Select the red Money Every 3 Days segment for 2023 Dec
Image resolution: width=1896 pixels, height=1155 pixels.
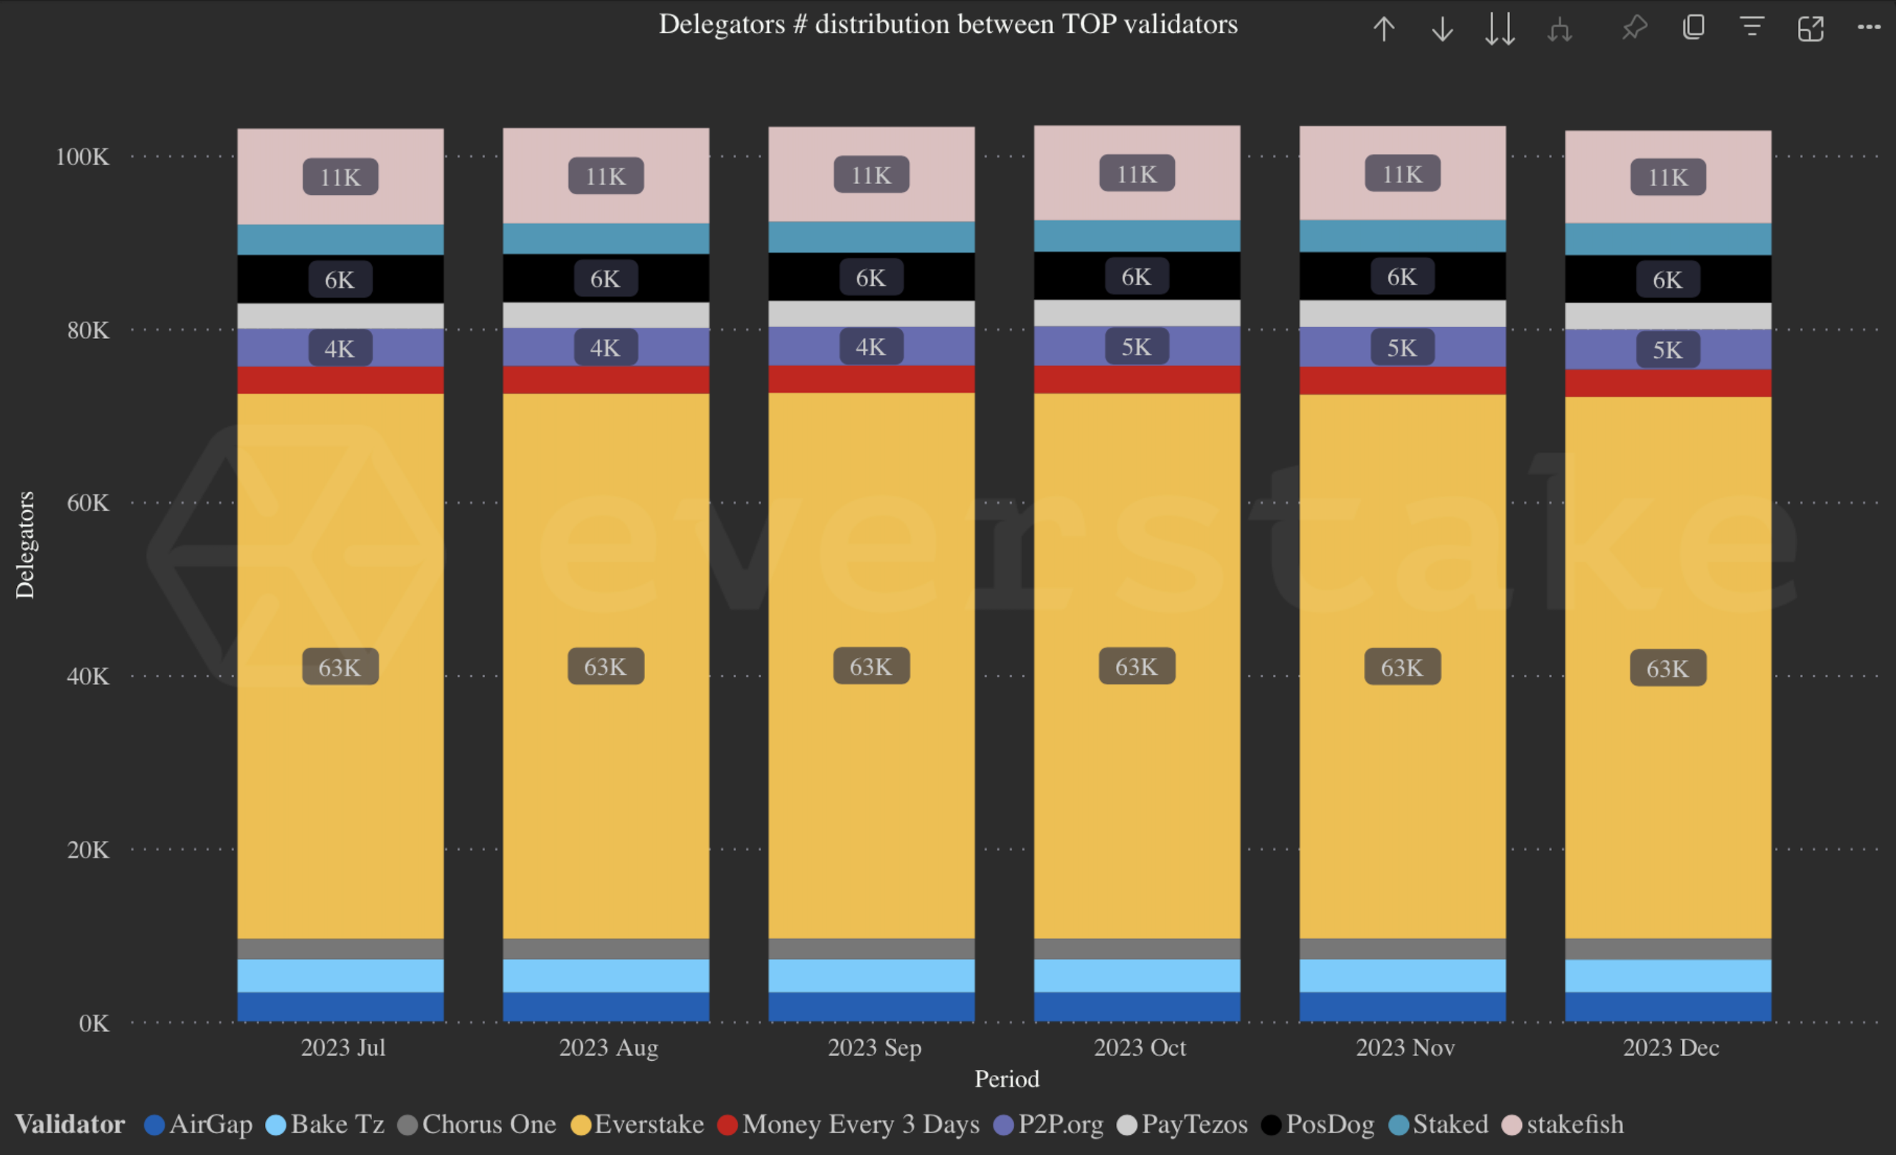(1667, 383)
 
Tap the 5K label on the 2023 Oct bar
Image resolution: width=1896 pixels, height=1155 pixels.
(1137, 347)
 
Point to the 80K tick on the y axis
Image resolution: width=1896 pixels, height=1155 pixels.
(87, 330)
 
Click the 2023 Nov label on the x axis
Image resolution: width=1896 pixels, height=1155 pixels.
(1405, 1047)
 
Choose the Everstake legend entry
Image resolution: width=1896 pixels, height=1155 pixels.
(648, 1124)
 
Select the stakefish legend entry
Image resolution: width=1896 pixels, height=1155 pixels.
(1574, 1124)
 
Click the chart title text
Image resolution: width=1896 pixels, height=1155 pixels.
(947, 24)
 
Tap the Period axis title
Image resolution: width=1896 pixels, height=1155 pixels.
(1007, 1079)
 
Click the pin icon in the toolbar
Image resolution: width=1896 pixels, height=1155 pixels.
(1634, 29)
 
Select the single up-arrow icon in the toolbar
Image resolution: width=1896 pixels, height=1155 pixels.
(1383, 29)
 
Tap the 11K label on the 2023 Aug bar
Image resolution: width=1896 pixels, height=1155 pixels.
(606, 176)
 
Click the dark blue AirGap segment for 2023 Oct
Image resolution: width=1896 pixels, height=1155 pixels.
(1137, 1006)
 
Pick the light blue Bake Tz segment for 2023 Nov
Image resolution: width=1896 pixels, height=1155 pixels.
(1402, 976)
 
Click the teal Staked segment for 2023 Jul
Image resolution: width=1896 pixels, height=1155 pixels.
(340, 239)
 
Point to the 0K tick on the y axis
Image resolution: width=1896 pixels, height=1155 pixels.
(94, 1023)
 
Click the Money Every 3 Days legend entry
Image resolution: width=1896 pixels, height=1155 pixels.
(859, 1124)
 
